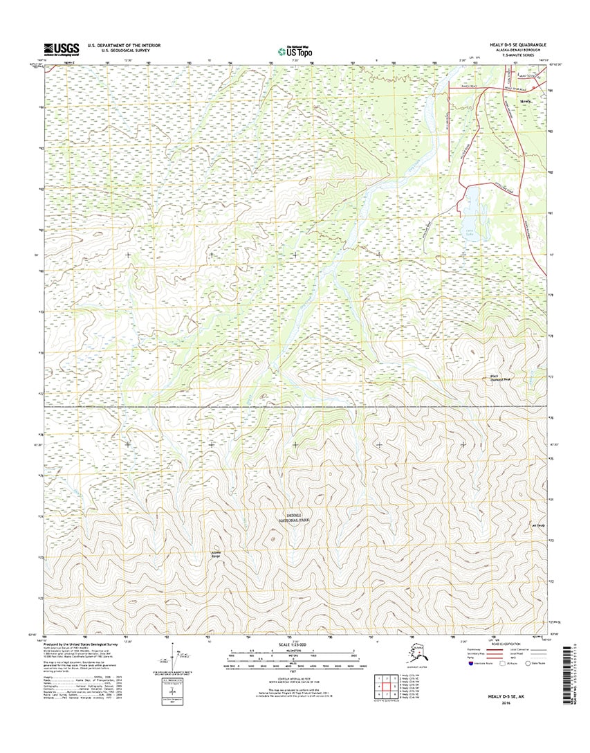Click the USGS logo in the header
(x=61, y=48)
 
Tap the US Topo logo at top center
(x=294, y=51)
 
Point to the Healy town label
(x=527, y=101)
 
